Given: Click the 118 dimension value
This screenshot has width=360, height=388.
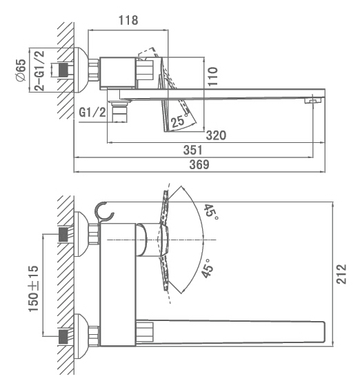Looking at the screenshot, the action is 128,20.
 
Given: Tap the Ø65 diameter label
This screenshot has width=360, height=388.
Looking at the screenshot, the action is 21,70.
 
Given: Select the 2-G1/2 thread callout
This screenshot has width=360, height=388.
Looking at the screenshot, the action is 39,71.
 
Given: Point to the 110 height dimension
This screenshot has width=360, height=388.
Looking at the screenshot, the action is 212,77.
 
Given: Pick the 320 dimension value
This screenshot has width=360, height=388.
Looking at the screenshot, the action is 216,135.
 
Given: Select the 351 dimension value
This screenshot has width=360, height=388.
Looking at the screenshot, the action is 193,151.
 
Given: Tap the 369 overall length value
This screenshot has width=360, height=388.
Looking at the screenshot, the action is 199,164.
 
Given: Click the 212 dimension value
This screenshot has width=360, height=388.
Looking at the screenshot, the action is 341,274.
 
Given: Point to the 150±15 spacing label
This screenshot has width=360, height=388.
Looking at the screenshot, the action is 34,289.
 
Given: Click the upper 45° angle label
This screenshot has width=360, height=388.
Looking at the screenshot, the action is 211,212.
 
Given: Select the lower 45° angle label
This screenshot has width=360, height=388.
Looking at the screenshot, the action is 207,269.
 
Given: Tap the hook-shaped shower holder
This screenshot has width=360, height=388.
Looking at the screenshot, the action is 103,212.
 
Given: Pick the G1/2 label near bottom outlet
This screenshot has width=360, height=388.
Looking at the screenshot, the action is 92,113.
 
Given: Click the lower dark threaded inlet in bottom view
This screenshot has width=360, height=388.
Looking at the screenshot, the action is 63,336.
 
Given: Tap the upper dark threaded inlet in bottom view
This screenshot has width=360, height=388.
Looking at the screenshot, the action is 63,235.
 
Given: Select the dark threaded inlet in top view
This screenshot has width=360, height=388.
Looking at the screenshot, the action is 63,70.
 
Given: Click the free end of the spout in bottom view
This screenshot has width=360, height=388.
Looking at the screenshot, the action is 324,332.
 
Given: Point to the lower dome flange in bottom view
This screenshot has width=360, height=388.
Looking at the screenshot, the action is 81,336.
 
